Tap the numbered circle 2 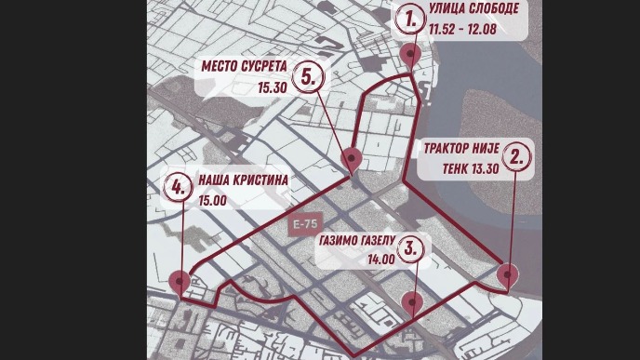[x=519, y=156]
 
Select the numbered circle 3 [x=412, y=249]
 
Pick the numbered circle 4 [x=176, y=187]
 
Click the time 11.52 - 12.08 [x=461, y=30]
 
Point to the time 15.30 [x=273, y=87]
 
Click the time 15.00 [x=212, y=198]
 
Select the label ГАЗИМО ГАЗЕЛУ [x=358, y=239]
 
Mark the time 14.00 [x=382, y=260]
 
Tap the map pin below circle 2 [x=508, y=274]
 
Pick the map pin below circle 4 [x=180, y=278]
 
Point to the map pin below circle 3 [x=413, y=300]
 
